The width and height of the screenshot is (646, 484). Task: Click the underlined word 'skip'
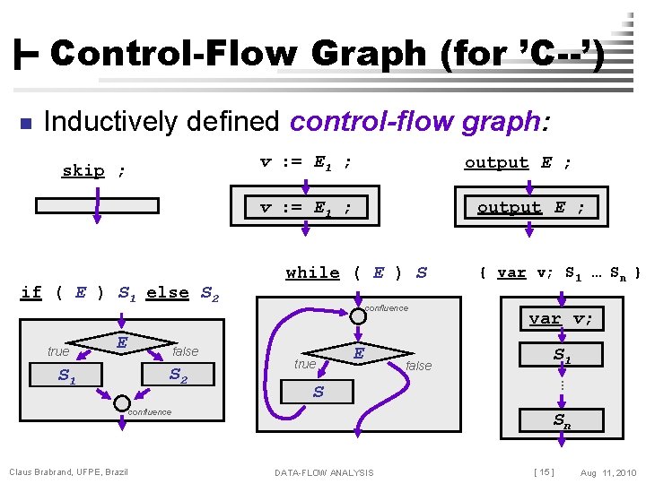point(83,170)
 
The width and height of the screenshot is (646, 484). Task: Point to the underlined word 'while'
point(312,272)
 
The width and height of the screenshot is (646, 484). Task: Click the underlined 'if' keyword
point(31,291)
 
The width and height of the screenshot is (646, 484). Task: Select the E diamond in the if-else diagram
point(120,341)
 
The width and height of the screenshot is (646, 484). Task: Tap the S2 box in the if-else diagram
point(178,375)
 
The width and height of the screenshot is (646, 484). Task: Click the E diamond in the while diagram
point(357,354)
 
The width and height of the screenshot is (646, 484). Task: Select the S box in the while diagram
point(318,392)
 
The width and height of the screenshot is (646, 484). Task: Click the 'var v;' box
point(561,318)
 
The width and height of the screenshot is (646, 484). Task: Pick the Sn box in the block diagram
point(561,419)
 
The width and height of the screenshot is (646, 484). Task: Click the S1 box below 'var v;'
point(561,355)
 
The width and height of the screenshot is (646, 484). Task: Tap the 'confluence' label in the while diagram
point(386,308)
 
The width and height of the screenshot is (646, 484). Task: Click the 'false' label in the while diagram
point(418,366)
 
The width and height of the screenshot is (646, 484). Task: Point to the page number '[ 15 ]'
point(544,472)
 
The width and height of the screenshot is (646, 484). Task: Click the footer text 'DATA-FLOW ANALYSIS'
point(324,472)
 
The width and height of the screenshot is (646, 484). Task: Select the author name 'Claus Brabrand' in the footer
point(39,472)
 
